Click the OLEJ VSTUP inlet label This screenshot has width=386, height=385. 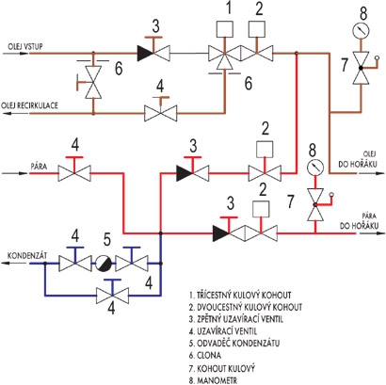pos(25,46)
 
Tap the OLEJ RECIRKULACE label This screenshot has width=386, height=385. pos(30,105)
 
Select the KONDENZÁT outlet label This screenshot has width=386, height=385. pos(27,255)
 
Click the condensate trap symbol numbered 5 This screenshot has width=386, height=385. pos(104,264)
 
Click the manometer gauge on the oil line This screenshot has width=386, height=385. pos(361,30)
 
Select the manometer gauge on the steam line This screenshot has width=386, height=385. pos(315,168)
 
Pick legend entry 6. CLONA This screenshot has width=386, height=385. pos(205,355)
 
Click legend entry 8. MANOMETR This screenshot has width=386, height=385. pos(214,380)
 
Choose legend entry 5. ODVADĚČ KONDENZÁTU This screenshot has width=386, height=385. pos(234,343)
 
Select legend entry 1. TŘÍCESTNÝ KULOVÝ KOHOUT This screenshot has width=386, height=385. pos(240,295)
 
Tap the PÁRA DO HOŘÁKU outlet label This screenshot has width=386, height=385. pos(360,221)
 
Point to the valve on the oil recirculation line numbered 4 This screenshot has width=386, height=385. pos(160,110)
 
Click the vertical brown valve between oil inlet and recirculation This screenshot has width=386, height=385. pos(93,83)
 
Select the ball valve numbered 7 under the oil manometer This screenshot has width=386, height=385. pos(361,68)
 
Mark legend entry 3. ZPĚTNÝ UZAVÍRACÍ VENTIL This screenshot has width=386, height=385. pos(236,319)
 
